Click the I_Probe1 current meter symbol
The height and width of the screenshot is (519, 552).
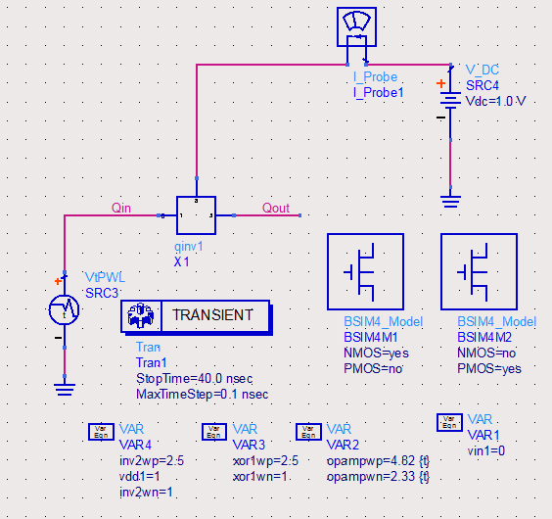click(x=356, y=26)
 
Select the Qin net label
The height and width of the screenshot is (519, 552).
click(x=121, y=208)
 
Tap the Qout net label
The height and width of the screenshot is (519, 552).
click(x=276, y=208)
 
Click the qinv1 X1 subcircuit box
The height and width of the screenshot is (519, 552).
click(x=196, y=215)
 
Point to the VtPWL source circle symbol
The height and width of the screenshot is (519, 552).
click(x=64, y=310)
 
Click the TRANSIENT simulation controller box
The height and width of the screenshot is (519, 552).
click(x=196, y=316)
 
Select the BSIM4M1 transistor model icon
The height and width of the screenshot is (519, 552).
click(x=365, y=271)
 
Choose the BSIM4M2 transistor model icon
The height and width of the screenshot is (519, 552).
click(x=480, y=271)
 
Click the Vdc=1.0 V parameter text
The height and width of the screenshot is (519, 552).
click(x=495, y=102)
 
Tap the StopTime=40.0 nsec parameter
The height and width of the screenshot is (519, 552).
click(x=195, y=378)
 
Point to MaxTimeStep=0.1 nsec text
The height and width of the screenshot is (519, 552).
click(x=203, y=394)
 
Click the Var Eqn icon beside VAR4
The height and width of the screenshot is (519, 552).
click(x=101, y=432)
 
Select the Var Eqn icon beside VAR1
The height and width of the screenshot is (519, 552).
click(x=449, y=422)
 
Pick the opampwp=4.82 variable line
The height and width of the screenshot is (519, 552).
click(x=378, y=461)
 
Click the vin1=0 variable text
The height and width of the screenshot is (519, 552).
click(x=486, y=450)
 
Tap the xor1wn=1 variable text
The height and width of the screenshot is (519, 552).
click(x=259, y=476)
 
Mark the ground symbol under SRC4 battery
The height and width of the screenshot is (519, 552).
click(x=450, y=202)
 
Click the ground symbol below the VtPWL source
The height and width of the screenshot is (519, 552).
click(x=65, y=390)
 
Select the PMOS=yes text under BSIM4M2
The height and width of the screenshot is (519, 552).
click(x=489, y=368)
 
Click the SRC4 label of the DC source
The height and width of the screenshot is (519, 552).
click(x=483, y=85)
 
